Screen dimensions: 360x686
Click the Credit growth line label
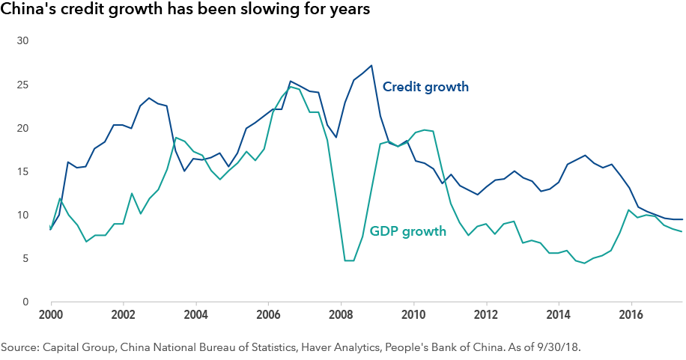coord(425,87)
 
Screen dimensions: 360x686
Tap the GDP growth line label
coord(408,231)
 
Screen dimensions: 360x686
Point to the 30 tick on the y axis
coord(22,40)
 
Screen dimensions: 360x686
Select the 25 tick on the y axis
coord(22,84)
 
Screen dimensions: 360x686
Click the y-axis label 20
coord(22,128)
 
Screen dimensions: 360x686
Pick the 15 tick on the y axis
coord(22,171)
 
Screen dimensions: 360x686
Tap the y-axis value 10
coord(22,216)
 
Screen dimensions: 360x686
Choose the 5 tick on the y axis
coord(25,259)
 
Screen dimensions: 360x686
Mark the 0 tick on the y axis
coord(25,302)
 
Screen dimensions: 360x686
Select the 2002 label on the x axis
coord(123,316)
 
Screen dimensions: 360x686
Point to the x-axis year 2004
coord(195,316)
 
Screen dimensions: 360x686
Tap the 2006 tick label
coord(268,316)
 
